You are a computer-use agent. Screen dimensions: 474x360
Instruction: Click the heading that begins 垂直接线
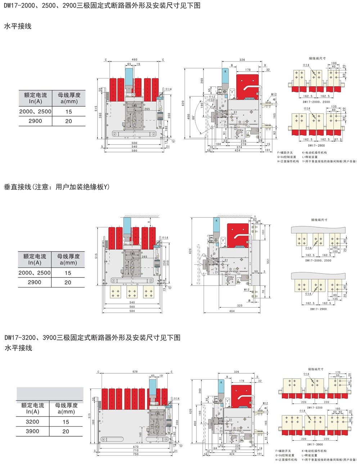coord(57,187)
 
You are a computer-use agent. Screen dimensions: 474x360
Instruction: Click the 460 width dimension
coord(134,60)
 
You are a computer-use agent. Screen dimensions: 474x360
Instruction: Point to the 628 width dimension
coord(135,372)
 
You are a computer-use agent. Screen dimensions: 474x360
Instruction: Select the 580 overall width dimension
coord(134,151)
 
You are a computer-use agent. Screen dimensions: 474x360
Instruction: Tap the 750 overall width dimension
coord(136,454)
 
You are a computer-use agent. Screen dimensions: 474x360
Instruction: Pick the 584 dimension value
coord(132,311)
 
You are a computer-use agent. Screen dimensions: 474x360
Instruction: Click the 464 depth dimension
coord(232,311)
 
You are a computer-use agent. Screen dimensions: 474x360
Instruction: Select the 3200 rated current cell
coord(32,422)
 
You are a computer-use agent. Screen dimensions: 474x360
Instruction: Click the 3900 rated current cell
coord(32,431)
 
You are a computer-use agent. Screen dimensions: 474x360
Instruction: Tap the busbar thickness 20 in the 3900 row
coord(66,431)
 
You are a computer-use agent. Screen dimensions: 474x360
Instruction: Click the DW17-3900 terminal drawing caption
coord(315,445)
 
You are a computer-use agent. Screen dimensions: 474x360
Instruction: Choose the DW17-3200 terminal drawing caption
coord(315,407)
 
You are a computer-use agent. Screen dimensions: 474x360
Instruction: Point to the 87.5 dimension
coord(338,140)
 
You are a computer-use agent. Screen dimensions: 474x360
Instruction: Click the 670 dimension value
coord(136,447)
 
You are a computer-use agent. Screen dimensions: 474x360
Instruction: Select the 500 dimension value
coord(134,143)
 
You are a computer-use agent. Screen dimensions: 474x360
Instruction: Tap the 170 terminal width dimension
coord(338,372)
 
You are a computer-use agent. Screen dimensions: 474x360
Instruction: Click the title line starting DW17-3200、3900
coord(92,338)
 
